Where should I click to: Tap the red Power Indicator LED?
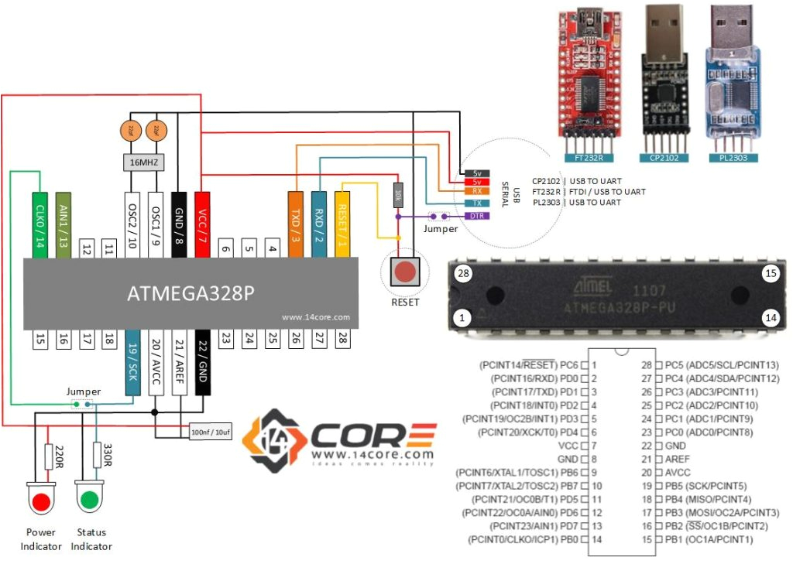point(41,501)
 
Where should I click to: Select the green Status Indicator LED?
point(90,501)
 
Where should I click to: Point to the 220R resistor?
point(48,456)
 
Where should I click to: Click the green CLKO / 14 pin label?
point(41,225)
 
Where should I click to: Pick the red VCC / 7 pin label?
point(203,225)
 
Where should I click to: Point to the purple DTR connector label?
point(475,216)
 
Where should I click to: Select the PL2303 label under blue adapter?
point(732,158)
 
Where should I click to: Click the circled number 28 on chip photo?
point(465,274)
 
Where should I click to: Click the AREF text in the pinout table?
point(676,459)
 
